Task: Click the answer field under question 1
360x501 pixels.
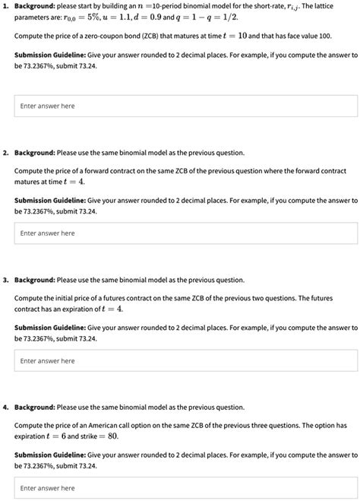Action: [x=186, y=106]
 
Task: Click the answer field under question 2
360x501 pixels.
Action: [x=186, y=233]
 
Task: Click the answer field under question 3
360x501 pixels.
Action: [x=186, y=360]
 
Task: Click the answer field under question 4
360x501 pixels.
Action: [x=186, y=487]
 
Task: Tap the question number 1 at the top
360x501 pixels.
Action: [x=5, y=6]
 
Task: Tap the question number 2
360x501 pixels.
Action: [x=5, y=153]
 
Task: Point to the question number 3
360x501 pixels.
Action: [x=5, y=280]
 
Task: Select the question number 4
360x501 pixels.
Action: [x=5, y=407]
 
